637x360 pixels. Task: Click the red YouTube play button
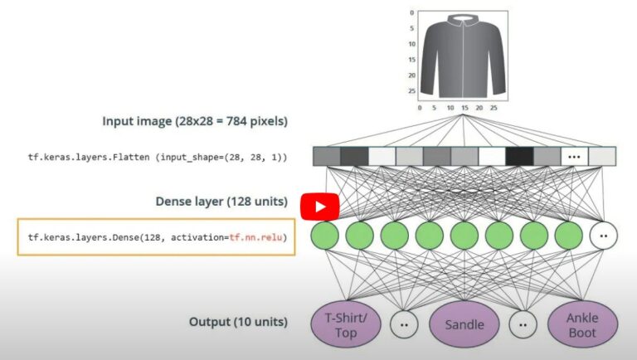319,207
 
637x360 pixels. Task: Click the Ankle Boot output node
582,325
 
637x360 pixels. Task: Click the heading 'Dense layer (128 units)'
221,202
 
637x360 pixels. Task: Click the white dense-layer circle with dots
604,236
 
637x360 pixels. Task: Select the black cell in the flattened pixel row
519,156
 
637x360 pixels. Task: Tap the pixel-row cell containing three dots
574,156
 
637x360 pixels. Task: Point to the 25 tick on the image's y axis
412,90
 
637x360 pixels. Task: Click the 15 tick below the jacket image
464,108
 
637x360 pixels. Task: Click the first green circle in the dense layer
325,236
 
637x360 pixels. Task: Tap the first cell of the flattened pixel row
326,156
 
